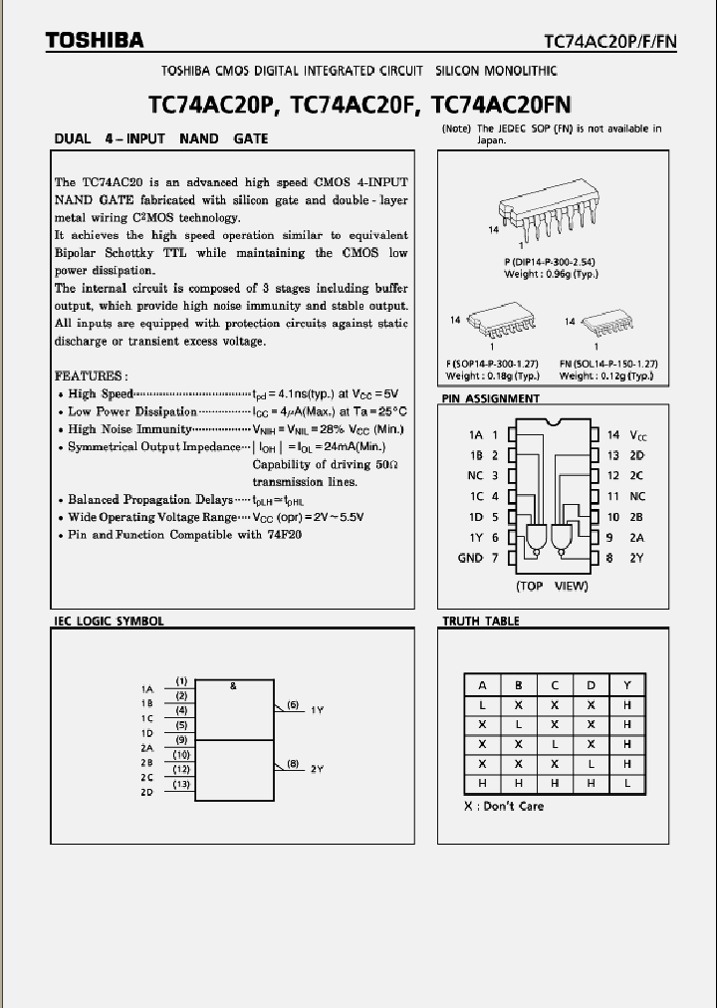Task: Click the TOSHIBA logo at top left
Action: (95, 41)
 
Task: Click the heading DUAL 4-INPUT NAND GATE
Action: (160, 138)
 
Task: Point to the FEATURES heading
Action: (91, 376)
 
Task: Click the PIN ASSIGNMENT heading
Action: (490, 398)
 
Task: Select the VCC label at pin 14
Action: (640, 435)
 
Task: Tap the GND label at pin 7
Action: (470, 558)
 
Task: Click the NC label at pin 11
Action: (637, 496)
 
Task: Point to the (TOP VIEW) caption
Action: (552, 586)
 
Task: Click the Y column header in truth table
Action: (627, 685)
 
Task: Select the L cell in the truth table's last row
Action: (627, 784)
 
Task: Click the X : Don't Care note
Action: (504, 806)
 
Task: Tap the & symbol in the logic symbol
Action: (233, 685)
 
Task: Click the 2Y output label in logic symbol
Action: (317, 769)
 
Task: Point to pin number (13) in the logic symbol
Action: (181, 784)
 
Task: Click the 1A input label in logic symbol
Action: (147, 688)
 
